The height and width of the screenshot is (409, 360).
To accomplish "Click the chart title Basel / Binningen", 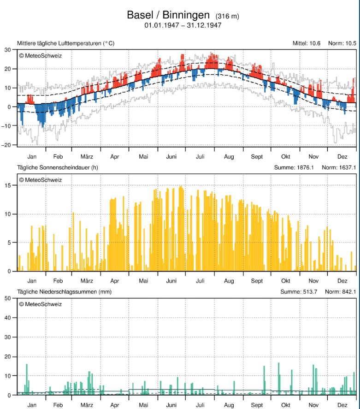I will point(170,15).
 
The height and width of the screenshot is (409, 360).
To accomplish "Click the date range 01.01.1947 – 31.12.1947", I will point(183,25).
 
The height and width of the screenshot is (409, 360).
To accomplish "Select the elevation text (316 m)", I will point(227,17).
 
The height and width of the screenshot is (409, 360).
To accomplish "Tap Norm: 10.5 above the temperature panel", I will point(342,43).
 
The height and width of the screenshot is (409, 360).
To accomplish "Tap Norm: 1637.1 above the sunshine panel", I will point(339,167).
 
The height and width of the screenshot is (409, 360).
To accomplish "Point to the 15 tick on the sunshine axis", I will point(8,185).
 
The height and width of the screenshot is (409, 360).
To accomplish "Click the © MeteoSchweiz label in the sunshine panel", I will point(40,180).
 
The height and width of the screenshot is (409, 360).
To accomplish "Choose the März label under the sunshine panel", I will point(87,280).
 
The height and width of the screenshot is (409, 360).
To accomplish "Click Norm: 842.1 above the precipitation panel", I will point(341,292).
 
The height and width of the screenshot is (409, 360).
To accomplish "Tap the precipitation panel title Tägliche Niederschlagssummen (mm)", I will point(65,292).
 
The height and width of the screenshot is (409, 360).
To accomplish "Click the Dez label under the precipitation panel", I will point(342,404).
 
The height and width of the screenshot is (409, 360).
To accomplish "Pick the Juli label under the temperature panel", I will point(200,157).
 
